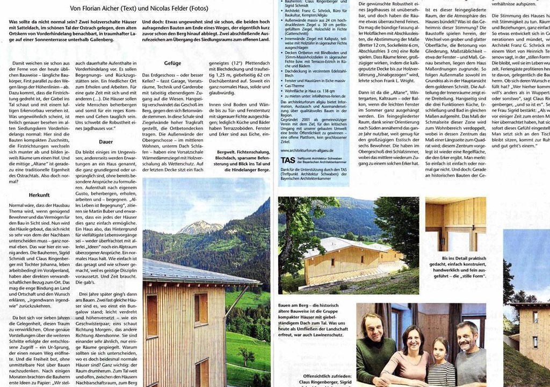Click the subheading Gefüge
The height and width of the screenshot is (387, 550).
click(172, 63)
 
